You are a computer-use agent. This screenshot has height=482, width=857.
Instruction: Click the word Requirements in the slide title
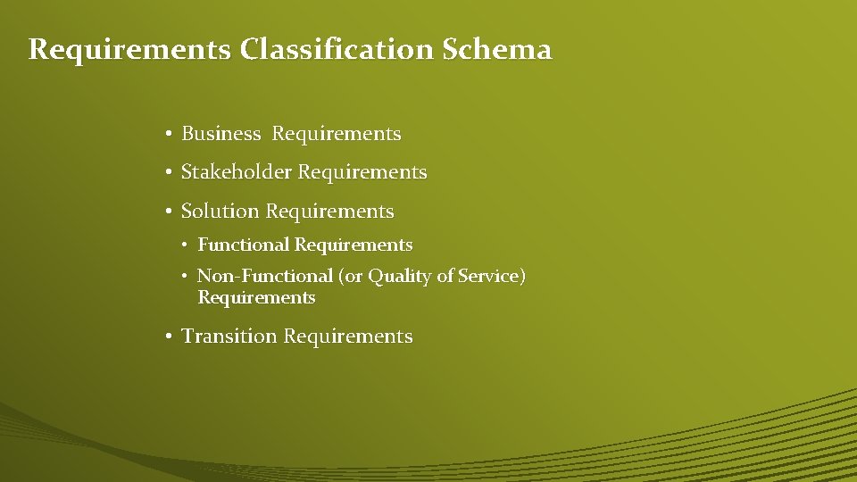pyautogui.click(x=129, y=49)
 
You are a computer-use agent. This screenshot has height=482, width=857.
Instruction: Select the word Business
pyautogui.click(x=221, y=134)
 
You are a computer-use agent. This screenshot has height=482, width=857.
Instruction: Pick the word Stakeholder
pyautogui.click(x=236, y=172)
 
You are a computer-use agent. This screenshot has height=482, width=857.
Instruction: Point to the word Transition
pyautogui.click(x=229, y=337)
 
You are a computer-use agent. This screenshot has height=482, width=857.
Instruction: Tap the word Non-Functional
pyautogui.click(x=264, y=277)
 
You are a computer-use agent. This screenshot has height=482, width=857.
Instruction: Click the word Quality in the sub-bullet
pyautogui.click(x=400, y=277)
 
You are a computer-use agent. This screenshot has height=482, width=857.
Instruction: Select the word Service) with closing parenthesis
pyautogui.click(x=492, y=277)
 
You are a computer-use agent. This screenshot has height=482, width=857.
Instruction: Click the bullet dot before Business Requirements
pyautogui.click(x=168, y=135)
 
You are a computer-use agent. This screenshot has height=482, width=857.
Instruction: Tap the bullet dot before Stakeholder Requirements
pyautogui.click(x=168, y=173)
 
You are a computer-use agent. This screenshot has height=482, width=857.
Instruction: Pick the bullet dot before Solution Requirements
pyautogui.click(x=168, y=212)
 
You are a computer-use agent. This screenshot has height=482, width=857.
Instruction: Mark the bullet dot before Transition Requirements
pyautogui.click(x=168, y=337)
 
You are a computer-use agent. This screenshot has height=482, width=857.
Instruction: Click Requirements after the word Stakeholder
pyautogui.click(x=362, y=172)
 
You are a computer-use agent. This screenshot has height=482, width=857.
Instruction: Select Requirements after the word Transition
pyautogui.click(x=348, y=337)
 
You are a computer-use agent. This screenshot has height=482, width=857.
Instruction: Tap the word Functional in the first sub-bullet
pyautogui.click(x=244, y=245)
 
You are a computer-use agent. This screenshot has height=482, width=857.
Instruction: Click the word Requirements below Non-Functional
pyautogui.click(x=256, y=298)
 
